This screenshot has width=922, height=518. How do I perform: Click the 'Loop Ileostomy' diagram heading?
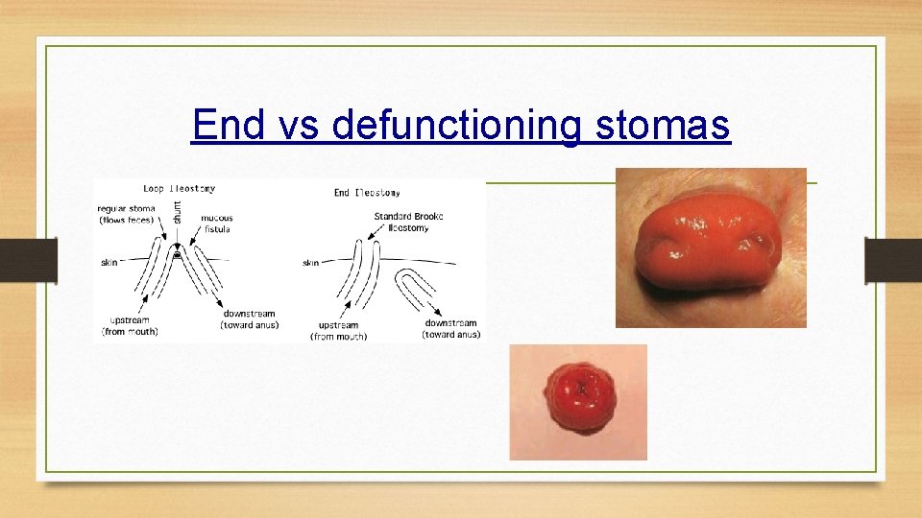tap(180, 189)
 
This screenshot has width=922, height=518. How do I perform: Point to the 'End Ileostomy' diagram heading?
tap(367, 193)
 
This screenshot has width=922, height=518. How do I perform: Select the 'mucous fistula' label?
tap(216, 224)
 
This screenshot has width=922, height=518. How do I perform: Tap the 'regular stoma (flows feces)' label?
tap(126, 214)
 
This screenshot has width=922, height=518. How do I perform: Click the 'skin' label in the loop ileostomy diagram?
tap(110, 262)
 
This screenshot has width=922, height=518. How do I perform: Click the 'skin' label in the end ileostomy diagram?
tap(310, 262)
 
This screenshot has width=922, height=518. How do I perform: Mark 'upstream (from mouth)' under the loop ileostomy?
tap(130, 325)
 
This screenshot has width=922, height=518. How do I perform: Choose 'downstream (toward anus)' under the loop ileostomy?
tap(250, 319)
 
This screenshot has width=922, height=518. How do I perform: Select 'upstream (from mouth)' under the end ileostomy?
tap(338, 331)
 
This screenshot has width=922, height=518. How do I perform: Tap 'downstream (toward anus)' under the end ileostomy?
tap(450, 328)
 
